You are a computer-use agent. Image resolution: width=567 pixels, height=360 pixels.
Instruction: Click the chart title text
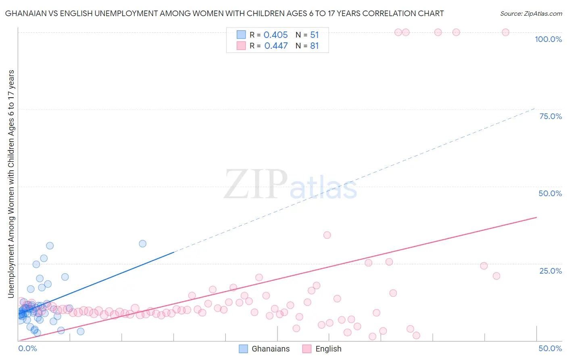pyautogui.click(x=224, y=13)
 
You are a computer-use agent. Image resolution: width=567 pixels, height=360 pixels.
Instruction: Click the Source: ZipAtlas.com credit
pyautogui.click(x=531, y=13)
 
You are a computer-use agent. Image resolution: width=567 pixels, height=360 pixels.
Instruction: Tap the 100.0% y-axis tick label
pyautogui.click(x=548, y=39)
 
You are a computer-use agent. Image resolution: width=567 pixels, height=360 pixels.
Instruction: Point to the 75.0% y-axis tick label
pyautogui.click(x=550, y=116)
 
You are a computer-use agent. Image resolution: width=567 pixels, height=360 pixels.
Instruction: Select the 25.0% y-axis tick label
pyautogui.click(x=550, y=270)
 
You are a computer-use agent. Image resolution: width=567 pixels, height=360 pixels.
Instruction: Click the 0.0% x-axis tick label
pyautogui.click(x=27, y=348)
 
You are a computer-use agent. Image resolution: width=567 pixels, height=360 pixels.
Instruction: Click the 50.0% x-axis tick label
pyautogui.click(x=550, y=348)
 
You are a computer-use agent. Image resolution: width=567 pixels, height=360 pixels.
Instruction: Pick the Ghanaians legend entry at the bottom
pyautogui.click(x=264, y=349)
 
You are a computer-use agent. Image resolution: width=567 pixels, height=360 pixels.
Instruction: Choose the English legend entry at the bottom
pyautogui.click(x=322, y=349)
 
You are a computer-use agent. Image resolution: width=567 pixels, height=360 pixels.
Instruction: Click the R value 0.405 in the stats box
pyautogui.click(x=276, y=35)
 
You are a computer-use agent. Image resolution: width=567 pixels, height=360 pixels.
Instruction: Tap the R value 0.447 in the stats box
pyautogui.click(x=276, y=46)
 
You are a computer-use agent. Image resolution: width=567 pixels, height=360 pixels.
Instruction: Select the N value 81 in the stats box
pyautogui.click(x=314, y=46)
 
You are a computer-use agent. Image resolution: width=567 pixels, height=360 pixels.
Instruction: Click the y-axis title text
pyautogui.click(x=11, y=184)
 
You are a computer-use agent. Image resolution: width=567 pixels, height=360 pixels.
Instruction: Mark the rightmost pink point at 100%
pyautogui.click(x=505, y=32)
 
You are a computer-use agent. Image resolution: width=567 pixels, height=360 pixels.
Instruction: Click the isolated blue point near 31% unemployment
pyautogui.click(x=142, y=243)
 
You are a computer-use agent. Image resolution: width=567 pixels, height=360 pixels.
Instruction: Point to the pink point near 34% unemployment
pyautogui.click(x=327, y=235)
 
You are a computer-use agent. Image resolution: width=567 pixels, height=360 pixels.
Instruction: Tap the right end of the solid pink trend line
pyautogui.click(x=536, y=217)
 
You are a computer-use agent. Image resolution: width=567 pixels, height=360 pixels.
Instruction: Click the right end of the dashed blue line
pyautogui.click(x=535, y=108)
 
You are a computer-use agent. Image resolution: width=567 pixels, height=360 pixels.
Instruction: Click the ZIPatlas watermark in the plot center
pyautogui.click(x=290, y=185)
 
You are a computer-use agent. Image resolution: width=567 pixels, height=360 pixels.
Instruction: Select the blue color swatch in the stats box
pyautogui.click(x=241, y=35)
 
